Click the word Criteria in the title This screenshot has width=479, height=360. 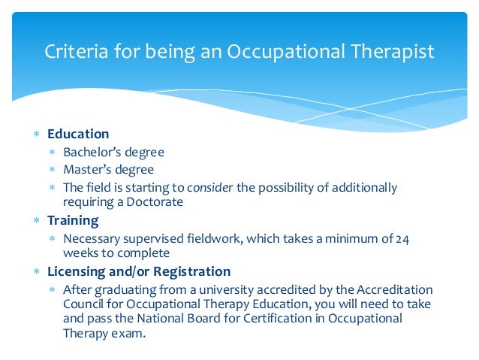coord(71,52)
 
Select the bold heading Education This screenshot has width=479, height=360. coord(78,134)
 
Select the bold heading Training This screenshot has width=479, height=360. coord(73,220)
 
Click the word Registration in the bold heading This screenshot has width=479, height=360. coord(193,271)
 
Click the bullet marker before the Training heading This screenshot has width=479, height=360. coord(35,221)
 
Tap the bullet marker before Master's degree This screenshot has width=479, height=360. coord(52,170)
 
